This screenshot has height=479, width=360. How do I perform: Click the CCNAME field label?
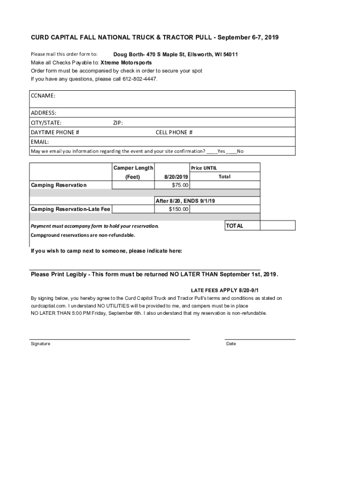pos(43,95)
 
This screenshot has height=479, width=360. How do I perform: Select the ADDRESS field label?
pos(43,113)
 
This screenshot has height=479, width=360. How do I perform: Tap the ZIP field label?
pos(118,123)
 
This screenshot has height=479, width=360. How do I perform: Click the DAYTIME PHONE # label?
pos(55,132)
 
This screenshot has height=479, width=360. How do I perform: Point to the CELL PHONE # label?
pos(174,132)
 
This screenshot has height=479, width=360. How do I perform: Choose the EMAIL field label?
pos(40,142)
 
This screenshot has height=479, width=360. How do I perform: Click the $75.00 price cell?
pos(180,185)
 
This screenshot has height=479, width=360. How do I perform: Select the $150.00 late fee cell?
pos(179,209)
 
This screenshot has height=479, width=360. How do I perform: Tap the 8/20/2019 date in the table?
pos(176,177)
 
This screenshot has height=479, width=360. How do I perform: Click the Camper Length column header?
pos(133,168)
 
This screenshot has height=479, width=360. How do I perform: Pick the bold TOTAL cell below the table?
pos(235,225)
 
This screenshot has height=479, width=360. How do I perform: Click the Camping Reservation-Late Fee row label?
pos(71,209)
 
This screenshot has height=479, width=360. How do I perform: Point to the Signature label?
pos(41,344)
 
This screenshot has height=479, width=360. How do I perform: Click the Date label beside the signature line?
pos(231,344)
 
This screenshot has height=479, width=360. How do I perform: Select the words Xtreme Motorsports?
pos(126,62)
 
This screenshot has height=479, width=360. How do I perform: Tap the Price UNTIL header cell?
pos(204,168)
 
